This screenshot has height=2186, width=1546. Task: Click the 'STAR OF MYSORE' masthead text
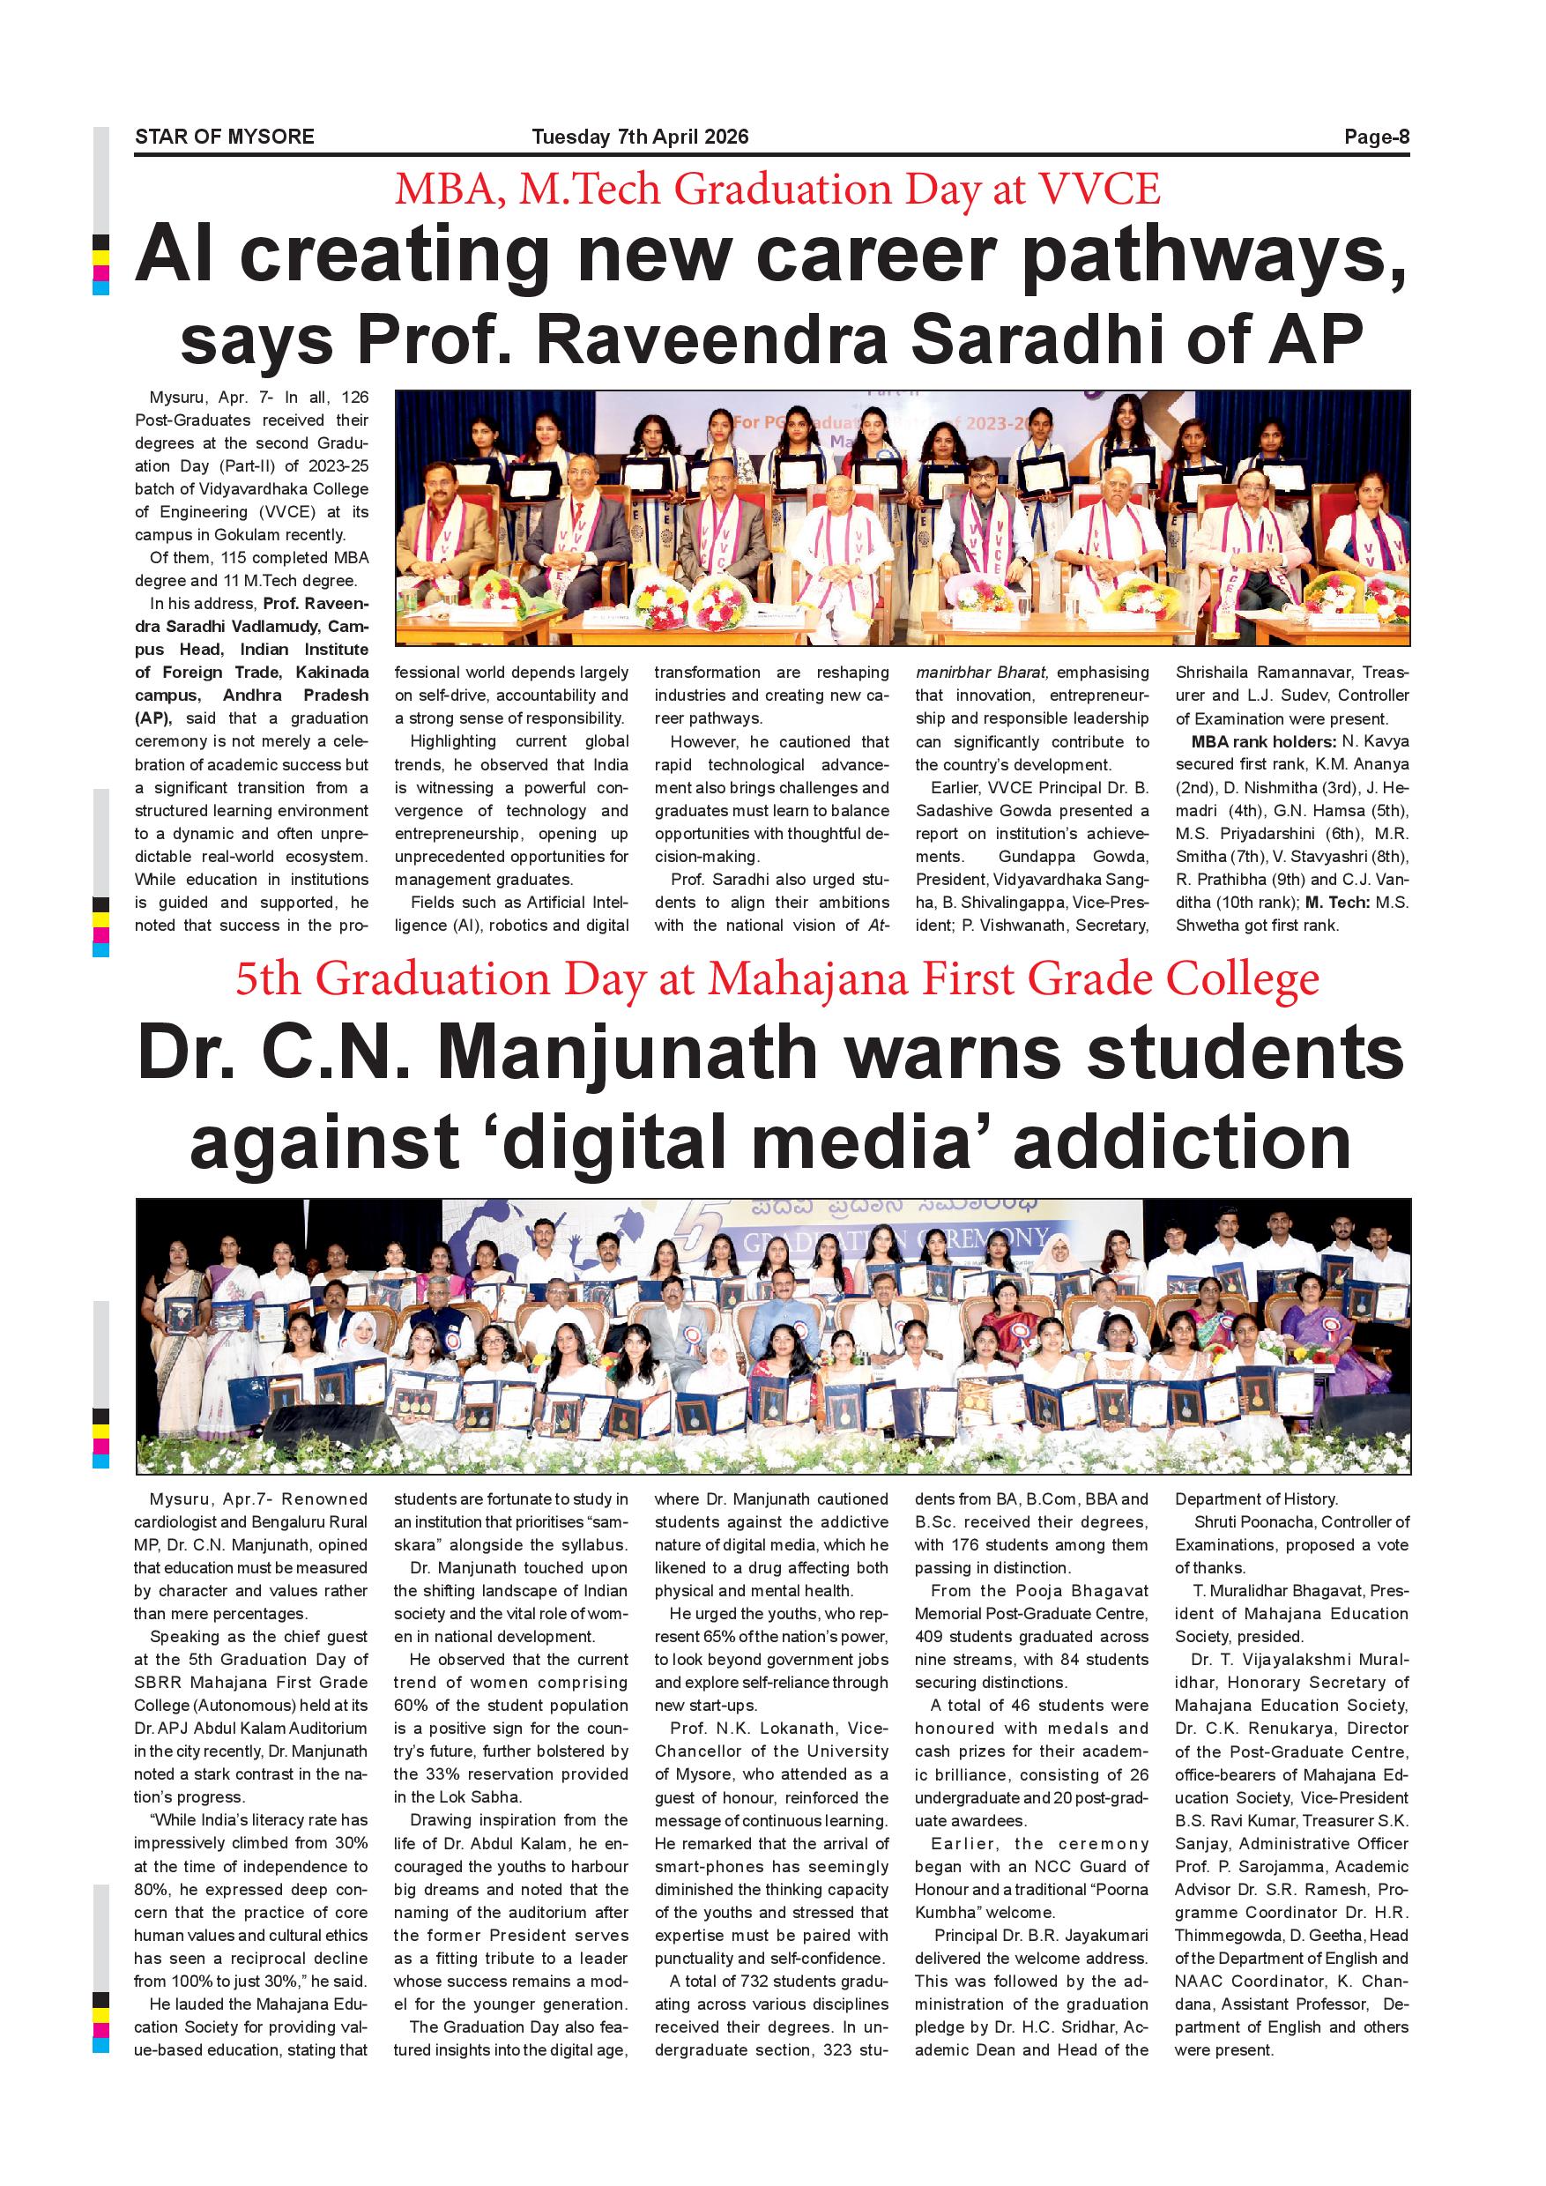pos(225,138)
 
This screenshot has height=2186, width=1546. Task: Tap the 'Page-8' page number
pos(1377,138)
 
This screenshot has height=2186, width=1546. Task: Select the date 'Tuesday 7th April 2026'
pos(640,138)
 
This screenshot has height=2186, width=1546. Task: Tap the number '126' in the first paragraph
pos(355,397)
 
